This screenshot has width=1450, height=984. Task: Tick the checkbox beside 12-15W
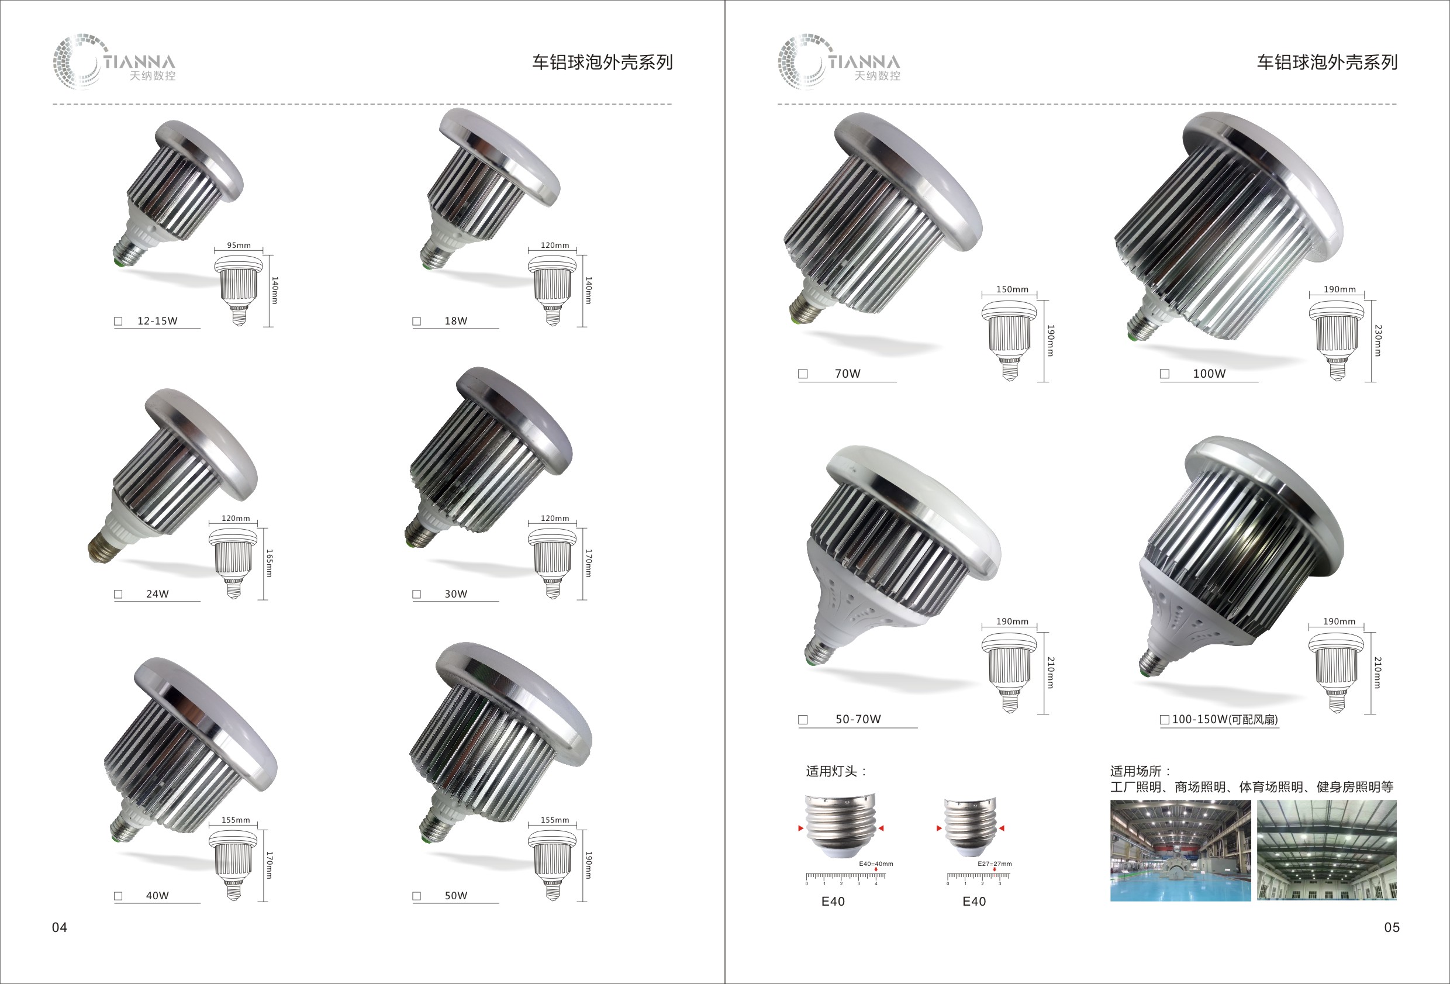pos(118,322)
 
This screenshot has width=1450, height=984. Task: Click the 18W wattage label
pos(455,321)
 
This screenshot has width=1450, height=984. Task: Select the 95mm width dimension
pos(239,245)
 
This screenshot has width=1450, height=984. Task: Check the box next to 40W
pos(118,896)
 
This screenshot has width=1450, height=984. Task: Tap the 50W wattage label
pos(455,895)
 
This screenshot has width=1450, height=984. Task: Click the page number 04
pos(59,927)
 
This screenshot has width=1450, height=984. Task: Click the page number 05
pos(1392,927)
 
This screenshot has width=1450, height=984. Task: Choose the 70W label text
pos(847,373)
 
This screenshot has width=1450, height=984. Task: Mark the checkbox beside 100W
pos(1164,374)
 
